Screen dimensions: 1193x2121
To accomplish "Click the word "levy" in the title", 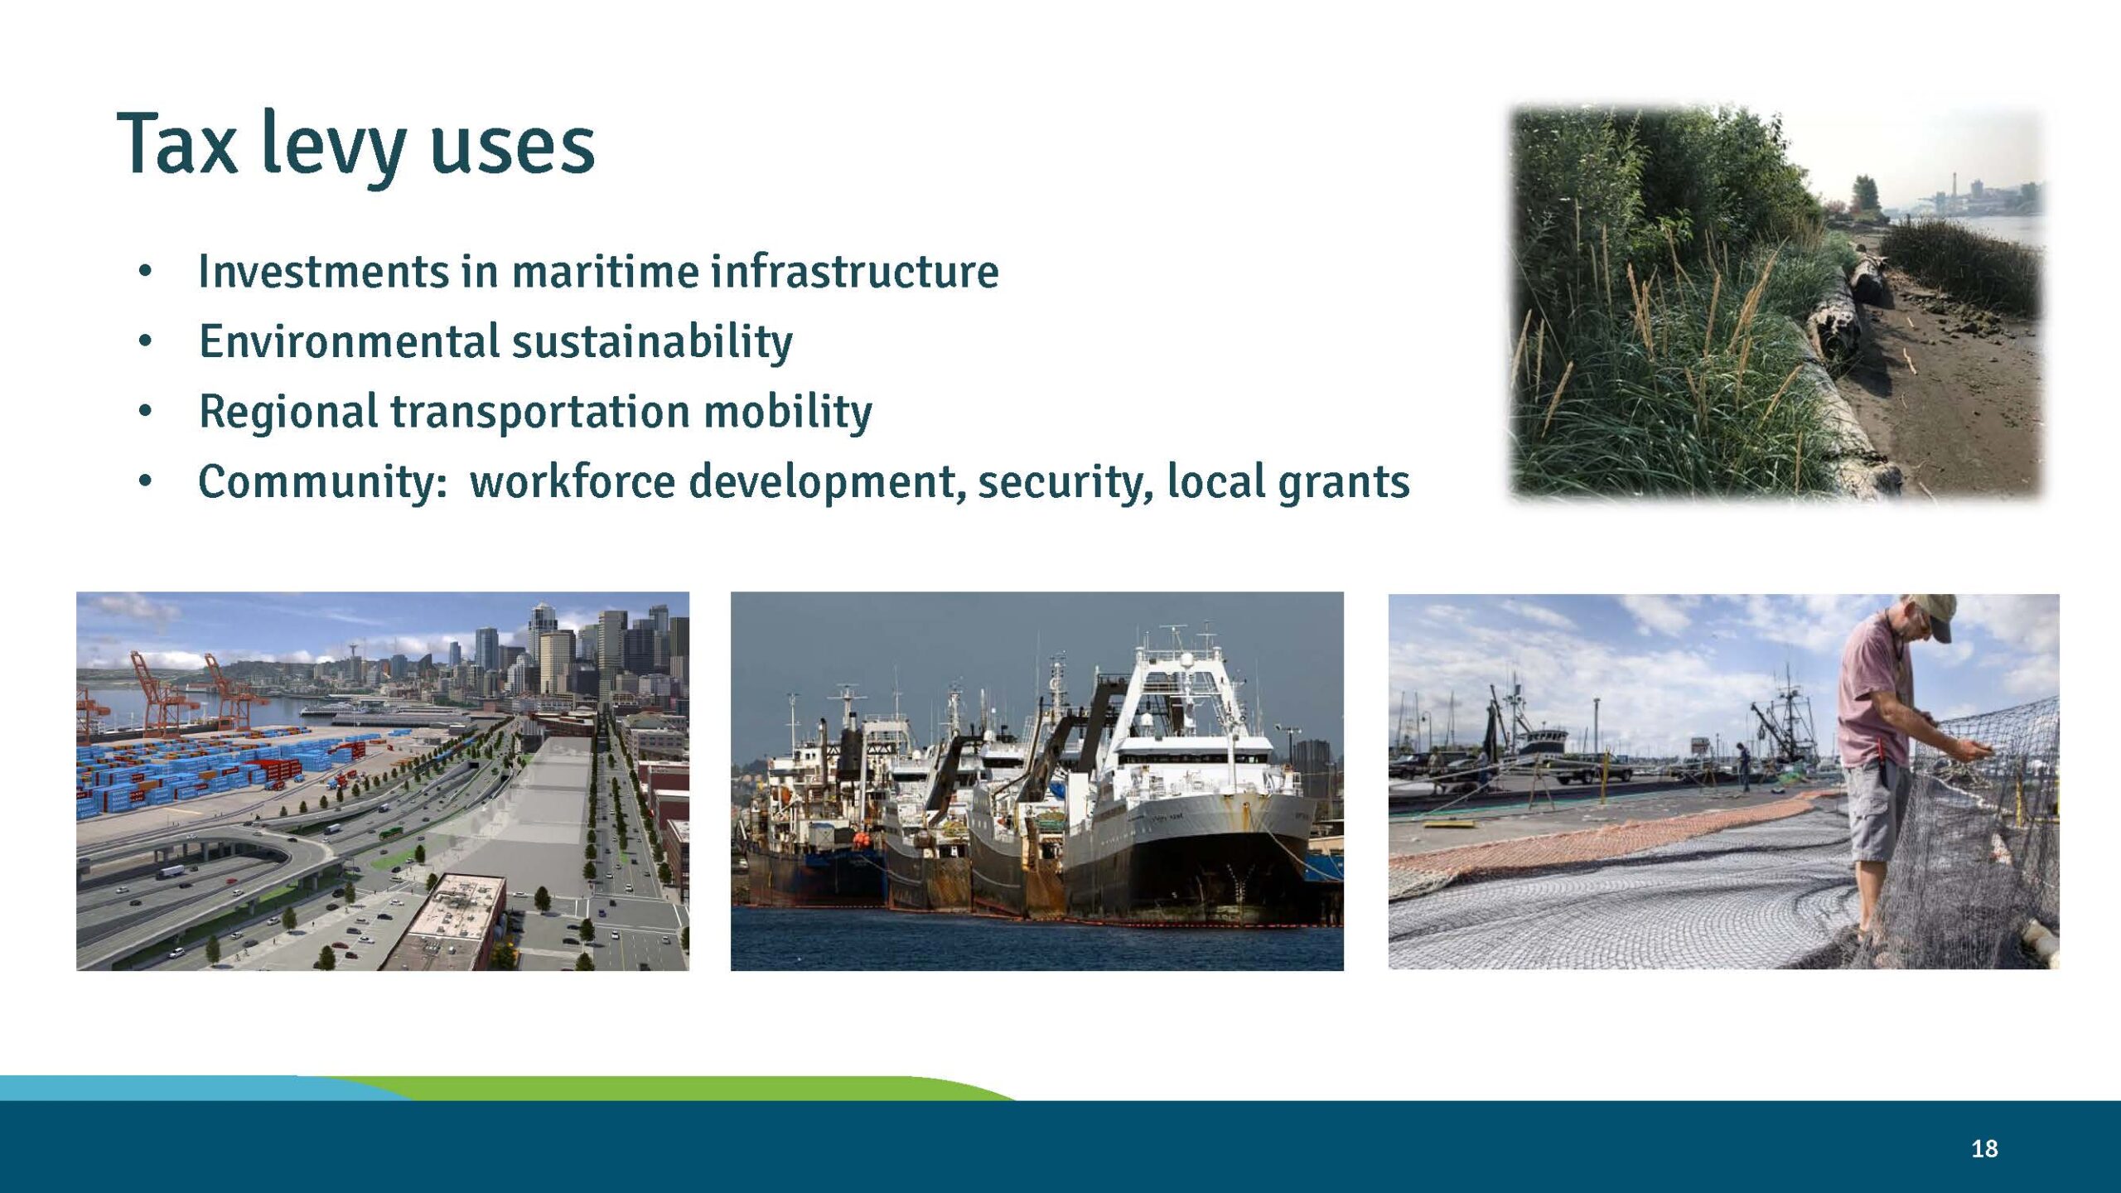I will pos(333,146).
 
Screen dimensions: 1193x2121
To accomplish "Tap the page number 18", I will pos(1984,1149).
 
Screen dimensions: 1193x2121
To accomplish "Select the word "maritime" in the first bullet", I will pos(605,272).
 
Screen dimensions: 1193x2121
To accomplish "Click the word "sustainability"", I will pos(652,342).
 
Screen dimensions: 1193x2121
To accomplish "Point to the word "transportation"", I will pos(539,412).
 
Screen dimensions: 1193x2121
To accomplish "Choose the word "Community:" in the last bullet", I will pos(323,482).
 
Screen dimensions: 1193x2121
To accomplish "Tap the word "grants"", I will pos(1343,482).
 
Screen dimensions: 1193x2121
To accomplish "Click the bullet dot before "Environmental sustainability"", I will pos(146,341).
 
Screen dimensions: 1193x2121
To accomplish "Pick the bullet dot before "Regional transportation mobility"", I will pos(146,410).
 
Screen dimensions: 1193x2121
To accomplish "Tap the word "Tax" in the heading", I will pos(176,146).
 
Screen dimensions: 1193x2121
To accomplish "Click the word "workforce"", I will pos(573,482).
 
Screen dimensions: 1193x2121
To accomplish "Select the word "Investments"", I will pos(323,272).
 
